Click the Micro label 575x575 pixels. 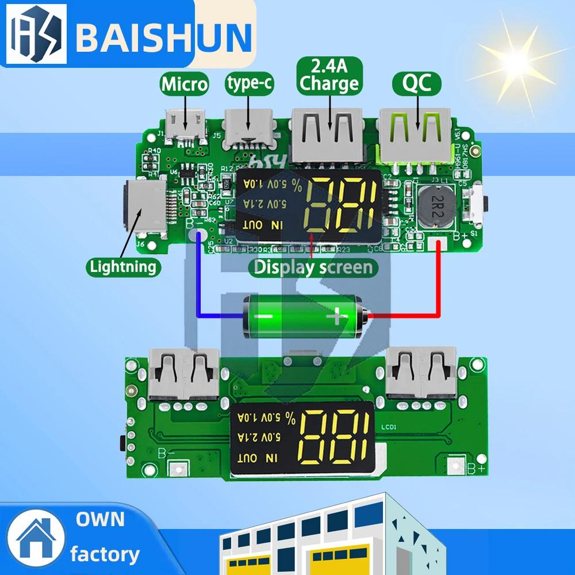(x=184, y=85)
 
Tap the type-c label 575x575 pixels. (x=249, y=83)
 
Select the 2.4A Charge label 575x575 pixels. (x=329, y=76)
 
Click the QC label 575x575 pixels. (x=417, y=85)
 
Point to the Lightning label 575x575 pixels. (x=122, y=267)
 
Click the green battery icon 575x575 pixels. (x=303, y=316)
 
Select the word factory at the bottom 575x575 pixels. (x=105, y=554)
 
